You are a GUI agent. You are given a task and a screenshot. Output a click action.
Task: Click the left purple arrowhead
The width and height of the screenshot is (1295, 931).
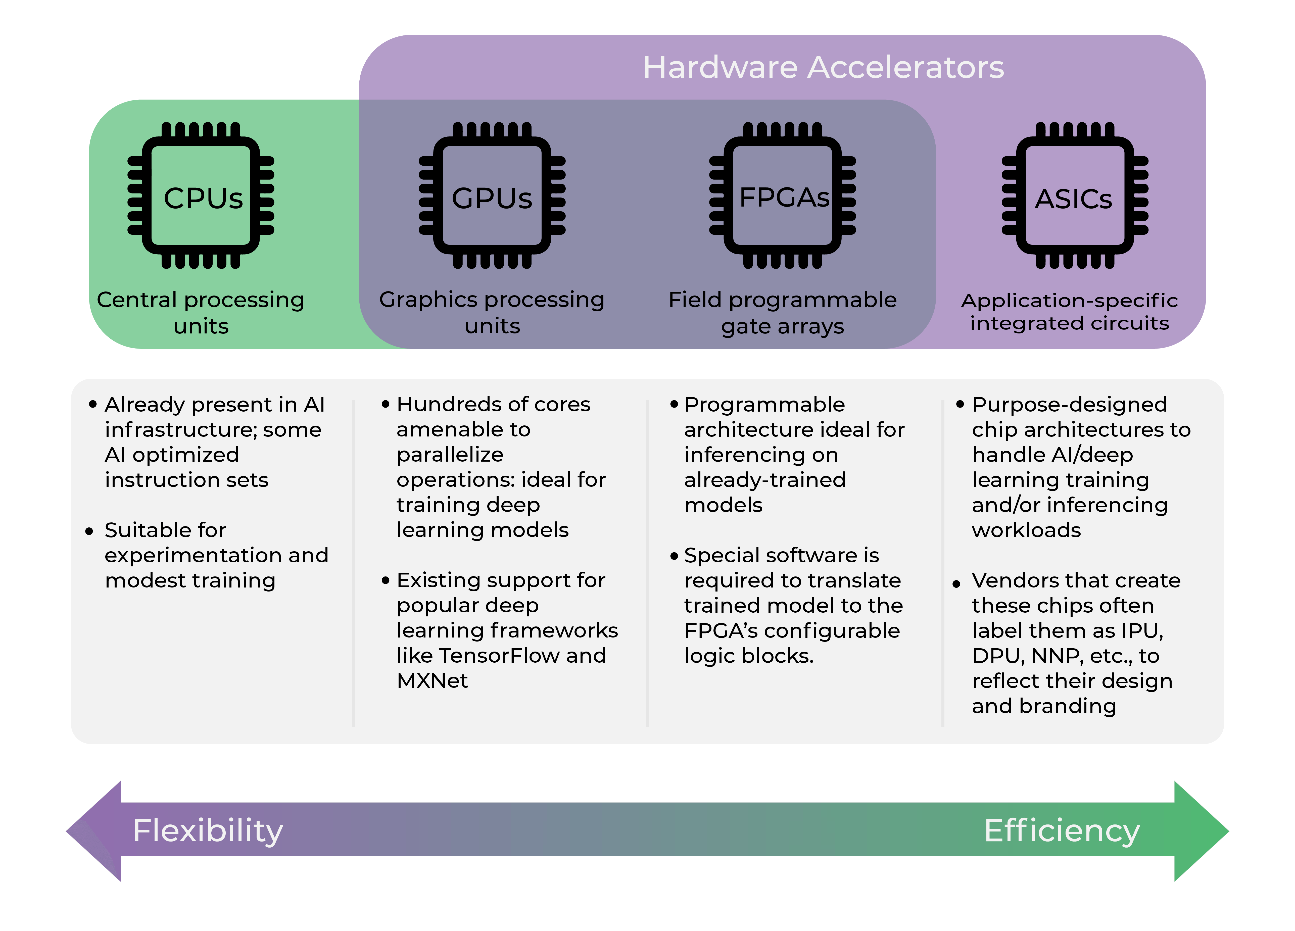tap(94, 831)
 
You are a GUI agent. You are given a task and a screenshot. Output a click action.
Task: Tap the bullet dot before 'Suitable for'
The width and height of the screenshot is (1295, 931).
tap(89, 531)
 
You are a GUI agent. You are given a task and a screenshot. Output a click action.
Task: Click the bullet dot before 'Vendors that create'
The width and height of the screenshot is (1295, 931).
tap(956, 584)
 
